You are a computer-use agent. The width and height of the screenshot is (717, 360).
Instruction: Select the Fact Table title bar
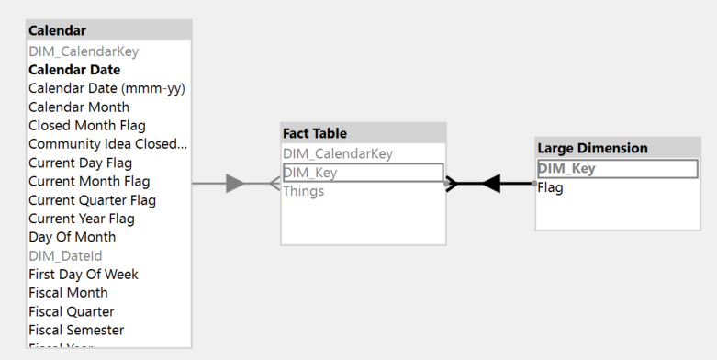(314, 133)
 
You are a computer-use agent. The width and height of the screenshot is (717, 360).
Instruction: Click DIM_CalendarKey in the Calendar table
(84, 51)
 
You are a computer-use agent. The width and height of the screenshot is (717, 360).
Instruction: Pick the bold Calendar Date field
(74, 70)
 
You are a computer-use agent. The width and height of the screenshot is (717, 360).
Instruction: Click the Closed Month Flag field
(86, 125)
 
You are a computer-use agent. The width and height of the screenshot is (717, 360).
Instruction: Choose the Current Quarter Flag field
(92, 200)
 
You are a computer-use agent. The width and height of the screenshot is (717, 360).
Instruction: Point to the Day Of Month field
(72, 237)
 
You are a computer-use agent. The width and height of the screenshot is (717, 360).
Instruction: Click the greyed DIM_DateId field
(65, 255)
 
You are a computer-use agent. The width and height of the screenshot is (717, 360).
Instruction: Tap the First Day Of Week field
(84, 274)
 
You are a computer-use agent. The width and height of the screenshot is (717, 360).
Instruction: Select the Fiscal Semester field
(76, 330)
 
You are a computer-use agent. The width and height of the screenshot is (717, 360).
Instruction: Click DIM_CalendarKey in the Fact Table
(337, 153)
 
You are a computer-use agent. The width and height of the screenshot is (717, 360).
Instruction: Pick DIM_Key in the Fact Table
(311, 172)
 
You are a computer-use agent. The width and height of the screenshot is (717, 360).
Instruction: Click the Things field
(303, 191)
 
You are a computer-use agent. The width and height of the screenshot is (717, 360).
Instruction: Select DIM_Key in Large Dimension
(566, 168)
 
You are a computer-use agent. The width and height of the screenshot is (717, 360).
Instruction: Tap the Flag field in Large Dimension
(550, 187)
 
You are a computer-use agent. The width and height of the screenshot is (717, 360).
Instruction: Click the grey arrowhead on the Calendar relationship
(235, 184)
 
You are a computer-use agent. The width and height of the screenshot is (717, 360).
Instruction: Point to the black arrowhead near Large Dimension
(491, 184)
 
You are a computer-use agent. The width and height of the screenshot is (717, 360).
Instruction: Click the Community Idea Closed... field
(107, 144)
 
